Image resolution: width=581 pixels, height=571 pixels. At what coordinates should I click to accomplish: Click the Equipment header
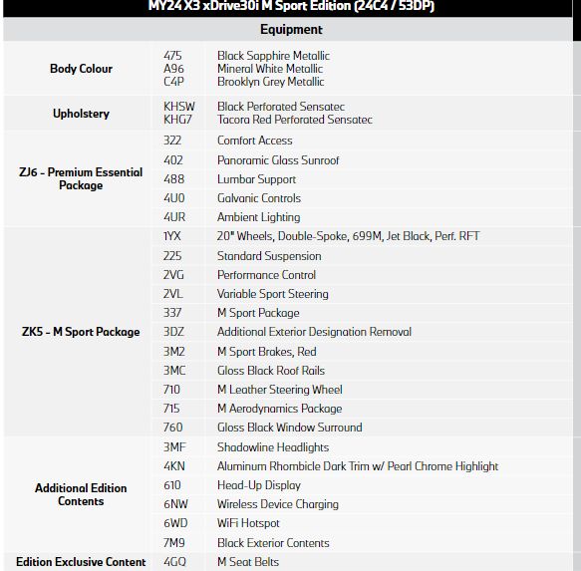290,30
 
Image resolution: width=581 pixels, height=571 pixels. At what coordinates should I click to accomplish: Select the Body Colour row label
81,69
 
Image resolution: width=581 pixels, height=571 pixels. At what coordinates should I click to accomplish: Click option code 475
172,56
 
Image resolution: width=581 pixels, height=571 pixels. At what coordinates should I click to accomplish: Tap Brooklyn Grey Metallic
270,82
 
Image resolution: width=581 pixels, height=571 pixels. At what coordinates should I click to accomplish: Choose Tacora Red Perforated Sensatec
294,120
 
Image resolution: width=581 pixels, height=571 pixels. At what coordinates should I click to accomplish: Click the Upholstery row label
81,114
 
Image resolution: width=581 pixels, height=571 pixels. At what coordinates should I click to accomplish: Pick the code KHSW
178,107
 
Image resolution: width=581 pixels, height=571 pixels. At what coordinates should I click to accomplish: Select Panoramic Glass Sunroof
278,160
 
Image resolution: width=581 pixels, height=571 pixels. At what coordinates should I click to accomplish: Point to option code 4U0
173,198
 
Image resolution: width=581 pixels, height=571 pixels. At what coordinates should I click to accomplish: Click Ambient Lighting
258,217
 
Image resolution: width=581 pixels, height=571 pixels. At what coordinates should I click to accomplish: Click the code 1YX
172,237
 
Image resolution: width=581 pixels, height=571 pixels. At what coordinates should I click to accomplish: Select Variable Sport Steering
272,294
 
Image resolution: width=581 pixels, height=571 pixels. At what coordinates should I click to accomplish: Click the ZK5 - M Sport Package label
81,332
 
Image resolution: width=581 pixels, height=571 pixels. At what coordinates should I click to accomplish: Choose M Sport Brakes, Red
266,352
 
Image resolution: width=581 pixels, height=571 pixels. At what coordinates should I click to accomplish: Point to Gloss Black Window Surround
289,428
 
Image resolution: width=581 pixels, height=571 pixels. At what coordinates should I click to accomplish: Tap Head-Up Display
258,485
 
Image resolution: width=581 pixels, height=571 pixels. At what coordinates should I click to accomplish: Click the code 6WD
175,523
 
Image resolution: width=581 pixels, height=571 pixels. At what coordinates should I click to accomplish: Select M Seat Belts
247,562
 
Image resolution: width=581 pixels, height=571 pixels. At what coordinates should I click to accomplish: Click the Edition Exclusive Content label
81,562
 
